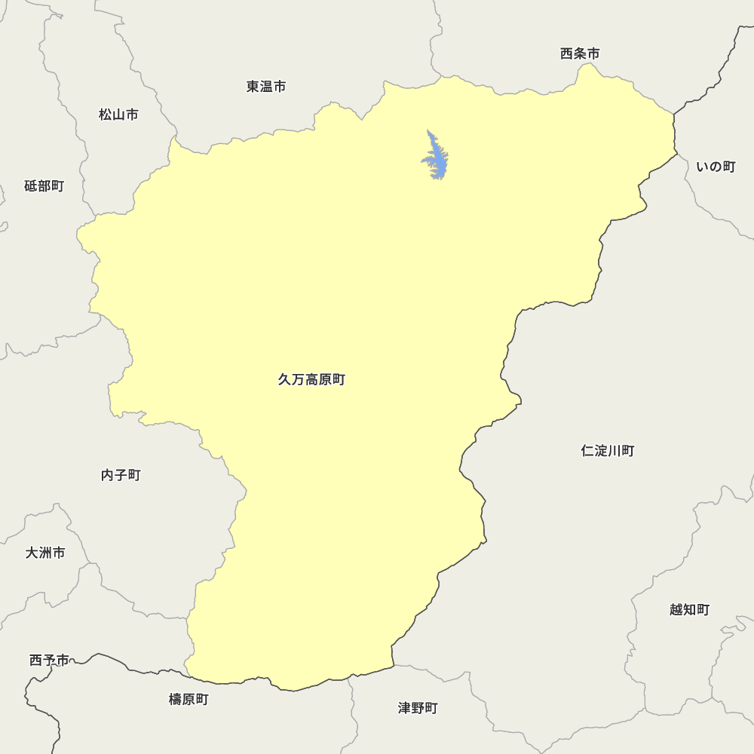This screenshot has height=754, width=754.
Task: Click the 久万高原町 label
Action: click(311, 380)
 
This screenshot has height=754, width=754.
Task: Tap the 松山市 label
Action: click(118, 115)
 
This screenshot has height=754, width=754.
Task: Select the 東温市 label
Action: click(266, 87)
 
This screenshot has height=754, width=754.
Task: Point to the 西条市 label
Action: click(580, 54)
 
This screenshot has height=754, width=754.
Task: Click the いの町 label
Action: click(716, 167)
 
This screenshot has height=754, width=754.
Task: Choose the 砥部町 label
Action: click(44, 186)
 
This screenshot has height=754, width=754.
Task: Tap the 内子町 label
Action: click(121, 475)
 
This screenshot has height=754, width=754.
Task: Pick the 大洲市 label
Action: click(45, 553)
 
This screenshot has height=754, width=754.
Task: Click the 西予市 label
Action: click(49, 661)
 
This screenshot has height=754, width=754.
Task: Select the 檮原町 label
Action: click(188, 700)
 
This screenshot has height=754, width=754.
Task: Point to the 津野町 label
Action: click(418, 708)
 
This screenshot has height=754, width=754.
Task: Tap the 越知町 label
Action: click(689, 609)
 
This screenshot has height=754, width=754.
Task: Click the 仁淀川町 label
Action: click(608, 451)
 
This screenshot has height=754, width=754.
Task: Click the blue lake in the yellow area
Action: click(435, 158)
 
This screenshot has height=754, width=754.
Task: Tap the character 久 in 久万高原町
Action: click(285, 380)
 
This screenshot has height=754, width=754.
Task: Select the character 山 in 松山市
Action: click(118, 115)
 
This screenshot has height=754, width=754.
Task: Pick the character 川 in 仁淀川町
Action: click(615, 451)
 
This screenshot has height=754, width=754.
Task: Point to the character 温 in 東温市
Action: click(266, 87)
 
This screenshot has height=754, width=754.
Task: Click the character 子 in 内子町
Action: click(121, 475)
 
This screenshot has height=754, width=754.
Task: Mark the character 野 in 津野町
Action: click(418, 708)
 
